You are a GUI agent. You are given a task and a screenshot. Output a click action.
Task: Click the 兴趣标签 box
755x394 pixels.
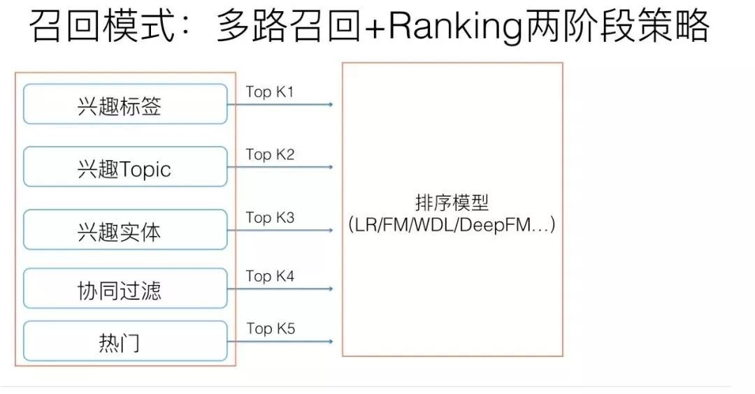click(125, 104)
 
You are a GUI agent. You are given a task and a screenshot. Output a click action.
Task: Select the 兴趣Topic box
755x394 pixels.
click(125, 166)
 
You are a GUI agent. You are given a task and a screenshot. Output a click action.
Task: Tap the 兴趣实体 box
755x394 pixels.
click(125, 229)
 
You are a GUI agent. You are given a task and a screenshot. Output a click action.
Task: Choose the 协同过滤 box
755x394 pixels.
click(125, 288)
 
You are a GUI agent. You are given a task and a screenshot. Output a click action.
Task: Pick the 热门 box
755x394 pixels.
click(125, 341)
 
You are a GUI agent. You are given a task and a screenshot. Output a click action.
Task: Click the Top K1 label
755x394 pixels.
click(270, 92)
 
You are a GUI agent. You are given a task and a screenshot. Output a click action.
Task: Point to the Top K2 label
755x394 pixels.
click(270, 154)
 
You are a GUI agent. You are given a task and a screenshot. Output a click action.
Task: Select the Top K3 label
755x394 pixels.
click(270, 217)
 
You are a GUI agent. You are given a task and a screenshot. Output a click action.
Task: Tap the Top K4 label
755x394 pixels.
click(270, 276)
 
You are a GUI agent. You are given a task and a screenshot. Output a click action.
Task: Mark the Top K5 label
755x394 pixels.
click(271, 328)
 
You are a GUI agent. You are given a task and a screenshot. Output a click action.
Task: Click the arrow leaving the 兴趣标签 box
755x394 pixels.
click(280, 104)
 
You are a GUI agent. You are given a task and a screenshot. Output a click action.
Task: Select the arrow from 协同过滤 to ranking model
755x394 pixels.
click(280, 289)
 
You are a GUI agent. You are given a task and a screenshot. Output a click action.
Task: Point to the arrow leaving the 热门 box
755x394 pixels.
click(280, 342)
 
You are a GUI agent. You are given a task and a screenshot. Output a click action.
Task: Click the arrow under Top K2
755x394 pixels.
click(280, 167)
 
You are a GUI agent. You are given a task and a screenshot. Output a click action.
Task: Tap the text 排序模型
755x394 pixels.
click(452, 203)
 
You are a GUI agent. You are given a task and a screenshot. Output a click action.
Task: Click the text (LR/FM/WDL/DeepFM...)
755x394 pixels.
click(452, 225)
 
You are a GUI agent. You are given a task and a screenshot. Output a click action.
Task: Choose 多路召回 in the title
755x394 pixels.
click(289, 26)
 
